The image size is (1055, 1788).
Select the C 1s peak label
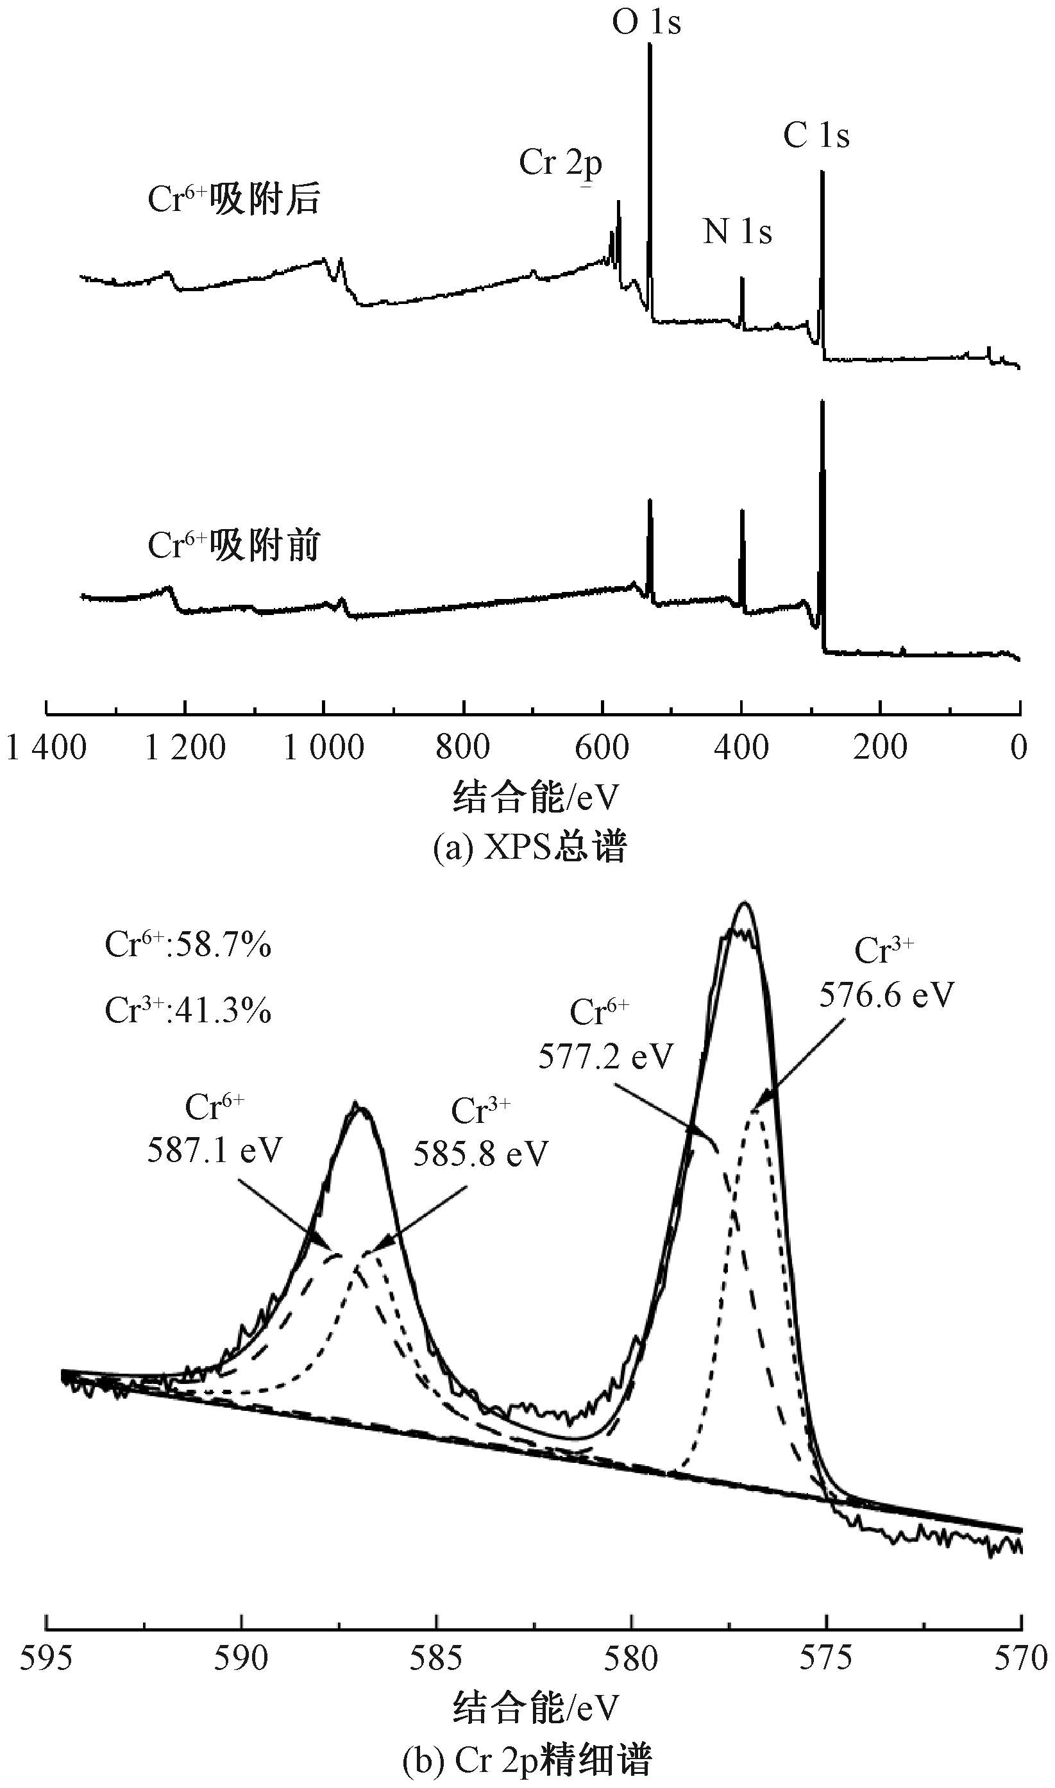816,135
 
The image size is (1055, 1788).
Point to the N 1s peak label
738,232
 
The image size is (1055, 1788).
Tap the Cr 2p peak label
560,163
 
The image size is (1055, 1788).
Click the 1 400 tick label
46,748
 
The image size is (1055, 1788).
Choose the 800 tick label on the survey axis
463,748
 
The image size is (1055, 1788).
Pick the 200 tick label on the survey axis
880,748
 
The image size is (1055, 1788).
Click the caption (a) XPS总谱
530,847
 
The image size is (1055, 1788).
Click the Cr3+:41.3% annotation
188,1010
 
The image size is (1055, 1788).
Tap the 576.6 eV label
886,995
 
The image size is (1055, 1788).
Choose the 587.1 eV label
215,1150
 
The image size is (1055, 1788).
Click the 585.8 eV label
481,1154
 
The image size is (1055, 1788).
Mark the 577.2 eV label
605,1057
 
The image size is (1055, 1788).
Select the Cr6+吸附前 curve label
234,546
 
